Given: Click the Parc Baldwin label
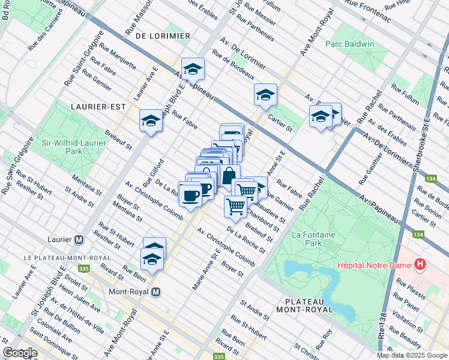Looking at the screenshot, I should [349, 44].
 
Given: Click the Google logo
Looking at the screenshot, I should [20, 353].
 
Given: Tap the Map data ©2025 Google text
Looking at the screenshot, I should [411, 355].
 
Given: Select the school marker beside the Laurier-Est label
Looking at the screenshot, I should [151, 121].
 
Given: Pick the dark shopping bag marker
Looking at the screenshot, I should [229, 176].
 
